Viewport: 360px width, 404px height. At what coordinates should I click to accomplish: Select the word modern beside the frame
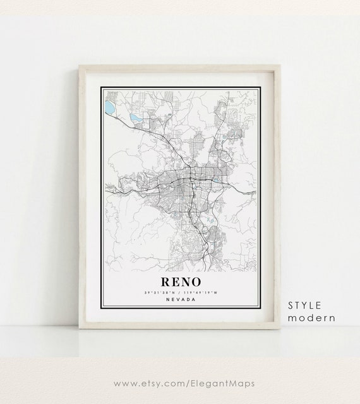point(312,318)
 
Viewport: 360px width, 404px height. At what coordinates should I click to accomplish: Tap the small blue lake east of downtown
point(217,179)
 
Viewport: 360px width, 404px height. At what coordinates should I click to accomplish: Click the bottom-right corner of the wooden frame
point(279,326)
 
